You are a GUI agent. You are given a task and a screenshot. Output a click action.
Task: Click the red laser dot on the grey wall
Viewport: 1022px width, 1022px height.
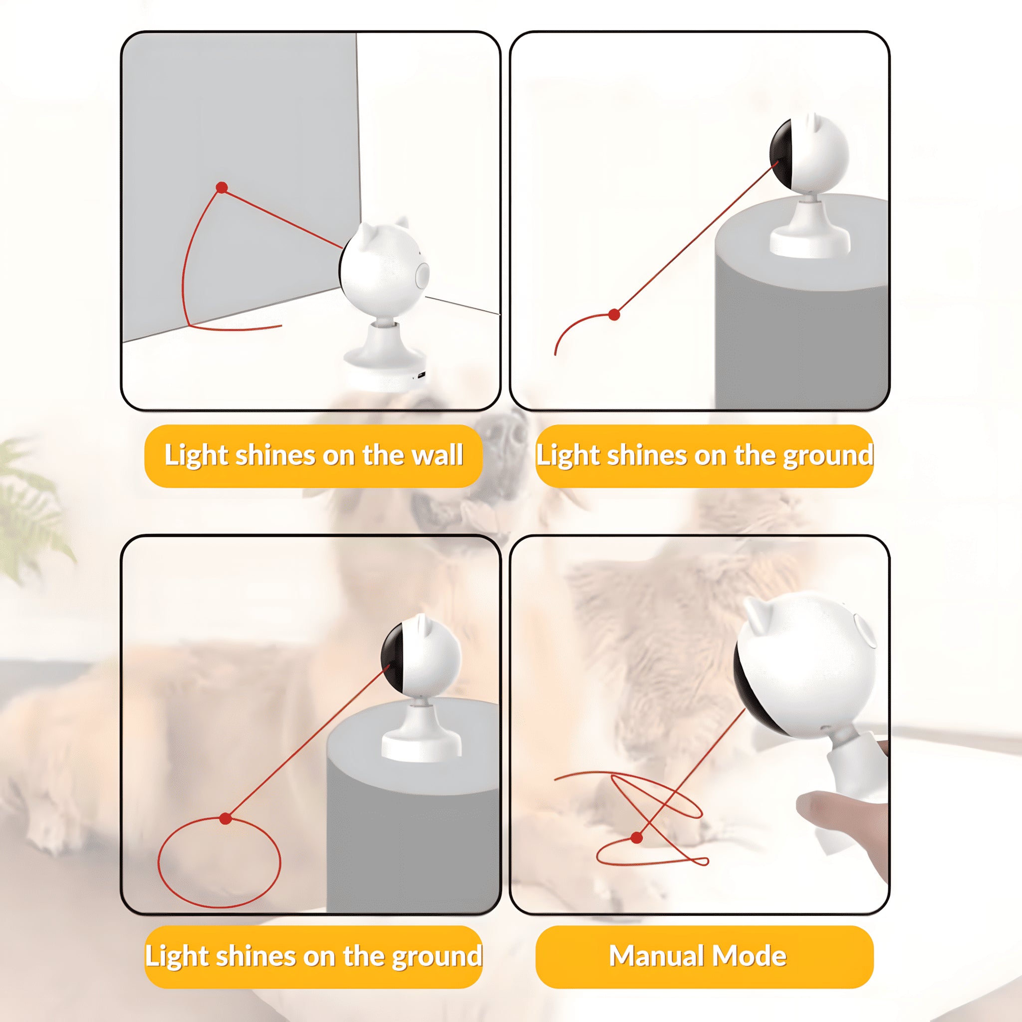point(222,188)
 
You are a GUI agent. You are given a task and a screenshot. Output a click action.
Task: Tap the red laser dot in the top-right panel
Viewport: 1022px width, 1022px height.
point(614,315)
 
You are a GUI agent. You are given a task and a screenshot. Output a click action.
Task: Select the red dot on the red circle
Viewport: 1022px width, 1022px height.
point(226,819)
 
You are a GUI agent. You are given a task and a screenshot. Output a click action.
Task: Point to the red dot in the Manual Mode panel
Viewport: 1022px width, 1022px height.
point(637,838)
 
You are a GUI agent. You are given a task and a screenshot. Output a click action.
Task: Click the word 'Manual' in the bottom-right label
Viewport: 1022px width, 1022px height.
point(657,956)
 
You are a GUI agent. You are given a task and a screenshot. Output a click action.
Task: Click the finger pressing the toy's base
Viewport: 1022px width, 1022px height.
point(825,814)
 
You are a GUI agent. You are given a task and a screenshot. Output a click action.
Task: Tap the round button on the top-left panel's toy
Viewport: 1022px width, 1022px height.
point(423,274)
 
